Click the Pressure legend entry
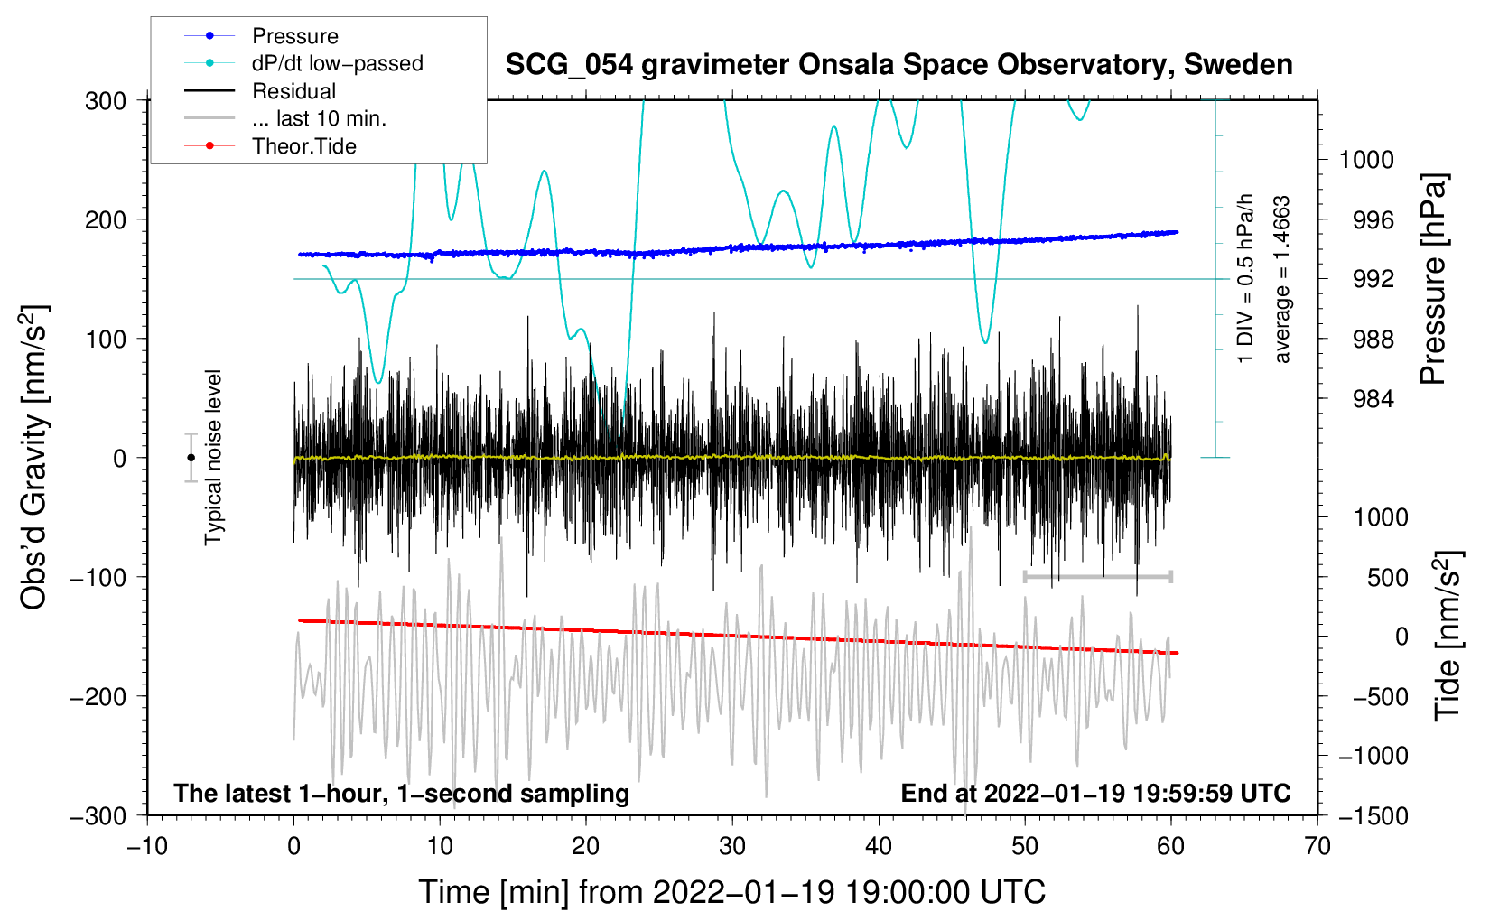294,36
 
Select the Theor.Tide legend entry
303,146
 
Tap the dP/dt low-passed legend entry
337,63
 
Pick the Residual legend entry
293,91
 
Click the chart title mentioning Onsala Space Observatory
898,65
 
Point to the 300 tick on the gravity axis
106,100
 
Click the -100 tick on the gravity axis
99,577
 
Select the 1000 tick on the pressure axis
1366,160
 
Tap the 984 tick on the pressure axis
1373,398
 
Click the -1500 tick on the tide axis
1373,815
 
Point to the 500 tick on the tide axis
1387,577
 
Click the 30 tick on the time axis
732,846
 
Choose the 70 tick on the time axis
1317,846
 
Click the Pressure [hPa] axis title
1433,279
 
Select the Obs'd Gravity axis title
33,458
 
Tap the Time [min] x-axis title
732,892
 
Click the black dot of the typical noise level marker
191,458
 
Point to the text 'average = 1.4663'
1282,279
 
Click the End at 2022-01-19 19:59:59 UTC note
1095,793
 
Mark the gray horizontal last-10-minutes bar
1097,576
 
